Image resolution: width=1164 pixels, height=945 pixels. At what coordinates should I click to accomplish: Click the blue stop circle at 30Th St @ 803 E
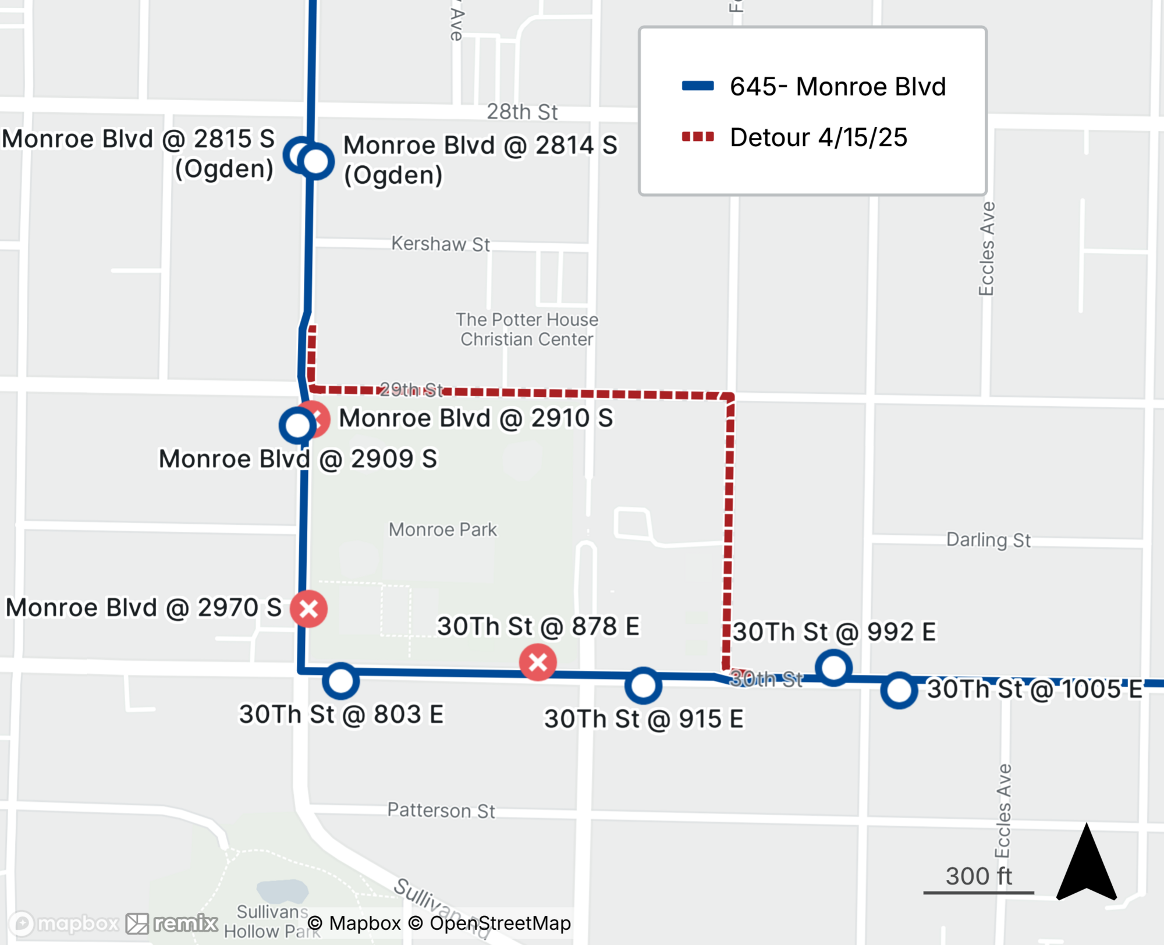(340, 681)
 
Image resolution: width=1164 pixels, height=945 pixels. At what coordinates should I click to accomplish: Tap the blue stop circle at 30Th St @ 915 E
(643, 685)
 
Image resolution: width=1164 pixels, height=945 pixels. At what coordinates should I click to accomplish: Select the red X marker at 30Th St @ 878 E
(538, 662)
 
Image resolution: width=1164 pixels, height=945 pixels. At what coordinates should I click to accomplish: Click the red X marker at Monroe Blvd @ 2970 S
(308, 609)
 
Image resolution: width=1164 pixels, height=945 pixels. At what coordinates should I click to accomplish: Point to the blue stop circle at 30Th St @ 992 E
(833, 667)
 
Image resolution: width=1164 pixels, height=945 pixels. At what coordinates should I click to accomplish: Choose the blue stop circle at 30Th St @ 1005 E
(899, 691)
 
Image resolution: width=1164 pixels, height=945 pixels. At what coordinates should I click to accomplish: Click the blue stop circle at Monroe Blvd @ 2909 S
(297, 425)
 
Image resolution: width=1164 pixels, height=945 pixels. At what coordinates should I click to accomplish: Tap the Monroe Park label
(442, 530)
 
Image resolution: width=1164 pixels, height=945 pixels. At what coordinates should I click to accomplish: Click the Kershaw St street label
(440, 244)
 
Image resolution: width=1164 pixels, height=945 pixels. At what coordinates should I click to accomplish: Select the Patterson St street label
(441, 810)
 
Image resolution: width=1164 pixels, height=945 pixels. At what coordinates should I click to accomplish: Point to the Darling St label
(988, 540)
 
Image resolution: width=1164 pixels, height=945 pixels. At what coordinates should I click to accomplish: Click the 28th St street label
(522, 112)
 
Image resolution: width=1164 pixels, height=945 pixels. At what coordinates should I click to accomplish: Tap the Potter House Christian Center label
(527, 329)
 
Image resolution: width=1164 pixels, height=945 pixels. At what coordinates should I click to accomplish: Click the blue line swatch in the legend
(698, 86)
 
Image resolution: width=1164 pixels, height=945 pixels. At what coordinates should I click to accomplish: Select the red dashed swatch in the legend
(698, 137)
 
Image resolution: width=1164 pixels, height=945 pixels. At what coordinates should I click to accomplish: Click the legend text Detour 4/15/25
(818, 138)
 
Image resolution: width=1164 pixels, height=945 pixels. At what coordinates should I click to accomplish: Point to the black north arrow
(1086, 864)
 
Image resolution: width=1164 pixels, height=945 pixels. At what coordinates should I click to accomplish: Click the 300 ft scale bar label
(978, 876)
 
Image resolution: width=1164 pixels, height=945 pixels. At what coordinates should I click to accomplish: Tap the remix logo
(172, 923)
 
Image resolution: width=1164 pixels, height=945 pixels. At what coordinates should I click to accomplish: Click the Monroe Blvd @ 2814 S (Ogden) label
(480, 160)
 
